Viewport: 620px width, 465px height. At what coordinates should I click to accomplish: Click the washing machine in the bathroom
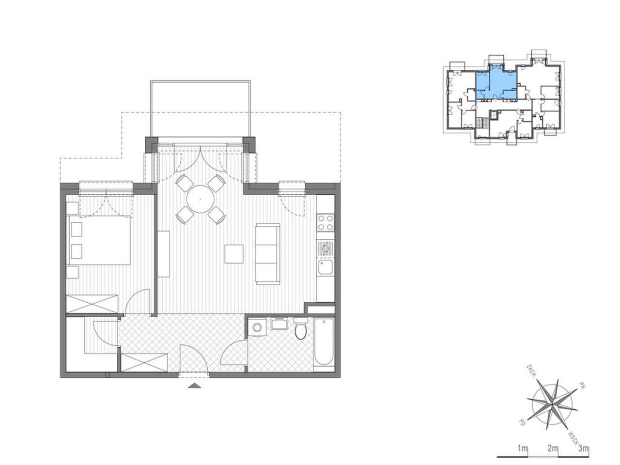point(257,327)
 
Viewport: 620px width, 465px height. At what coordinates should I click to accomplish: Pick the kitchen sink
point(325,267)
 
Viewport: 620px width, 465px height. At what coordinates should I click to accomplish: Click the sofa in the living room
point(268,254)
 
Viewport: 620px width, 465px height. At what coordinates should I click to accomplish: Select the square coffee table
point(234,254)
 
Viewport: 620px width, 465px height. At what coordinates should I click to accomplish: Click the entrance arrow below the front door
point(194,386)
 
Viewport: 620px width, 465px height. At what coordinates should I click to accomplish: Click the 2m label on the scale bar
point(552,448)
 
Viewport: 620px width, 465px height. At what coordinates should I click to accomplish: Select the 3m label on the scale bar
point(583,448)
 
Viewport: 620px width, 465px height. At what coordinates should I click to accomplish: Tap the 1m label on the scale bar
point(522,448)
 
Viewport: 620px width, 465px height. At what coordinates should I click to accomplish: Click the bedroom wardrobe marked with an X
point(92,305)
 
